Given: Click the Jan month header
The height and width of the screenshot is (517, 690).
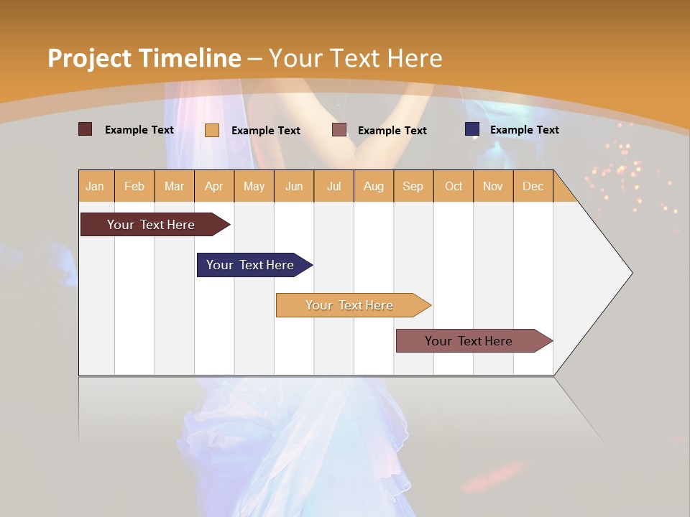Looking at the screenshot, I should (95, 186).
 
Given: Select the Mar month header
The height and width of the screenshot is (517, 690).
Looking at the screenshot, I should (174, 186).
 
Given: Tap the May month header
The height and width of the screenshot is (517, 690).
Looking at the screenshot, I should (254, 186).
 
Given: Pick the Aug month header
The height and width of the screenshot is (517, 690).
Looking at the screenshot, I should (373, 186).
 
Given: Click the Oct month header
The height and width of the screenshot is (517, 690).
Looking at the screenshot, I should (453, 186).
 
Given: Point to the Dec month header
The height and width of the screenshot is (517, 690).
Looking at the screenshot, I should (533, 186).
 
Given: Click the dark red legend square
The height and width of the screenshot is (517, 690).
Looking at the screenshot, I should (85, 129).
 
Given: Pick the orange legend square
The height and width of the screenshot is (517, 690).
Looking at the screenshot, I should (211, 130).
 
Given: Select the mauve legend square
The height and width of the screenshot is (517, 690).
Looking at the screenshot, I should (339, 130).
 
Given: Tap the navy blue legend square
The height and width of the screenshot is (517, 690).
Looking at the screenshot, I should (471, 129).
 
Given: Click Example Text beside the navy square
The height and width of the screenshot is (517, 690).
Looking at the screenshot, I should (524, 129).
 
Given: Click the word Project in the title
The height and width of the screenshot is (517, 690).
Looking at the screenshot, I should (90, 58).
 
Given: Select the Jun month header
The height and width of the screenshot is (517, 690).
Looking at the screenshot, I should (293, 186).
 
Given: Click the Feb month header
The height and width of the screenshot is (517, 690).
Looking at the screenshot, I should (134, 186).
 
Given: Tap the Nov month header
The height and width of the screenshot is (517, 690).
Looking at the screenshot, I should (492, 186).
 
